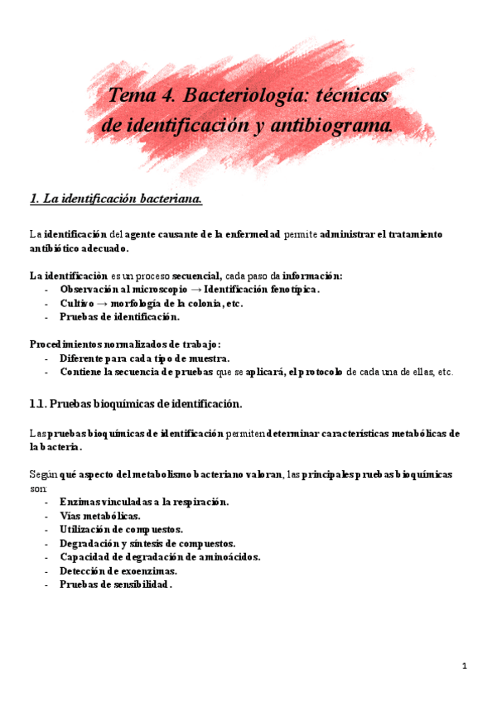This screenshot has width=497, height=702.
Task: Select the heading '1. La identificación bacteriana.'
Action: pyautogui.click(x=115, y=199)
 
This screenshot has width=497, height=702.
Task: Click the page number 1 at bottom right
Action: pyautogui.click(x=465, y=666)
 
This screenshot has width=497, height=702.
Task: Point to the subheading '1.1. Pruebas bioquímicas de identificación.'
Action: pyautogui.click(x=136, y=404)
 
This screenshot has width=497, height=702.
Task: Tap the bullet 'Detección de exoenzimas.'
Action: pyautogui.click(x=118, y=571)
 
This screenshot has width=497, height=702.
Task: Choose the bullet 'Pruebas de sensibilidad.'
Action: pyautogui.click(x=115, y=585)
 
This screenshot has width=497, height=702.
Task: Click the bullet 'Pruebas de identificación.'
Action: pyautogui.click(x=119, y=317)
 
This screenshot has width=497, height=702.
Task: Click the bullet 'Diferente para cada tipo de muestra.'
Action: pyautogui.click(x=144, y=358)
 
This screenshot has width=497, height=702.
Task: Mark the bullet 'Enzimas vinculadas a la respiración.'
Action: pyautogui.click(x=144, y=502)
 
